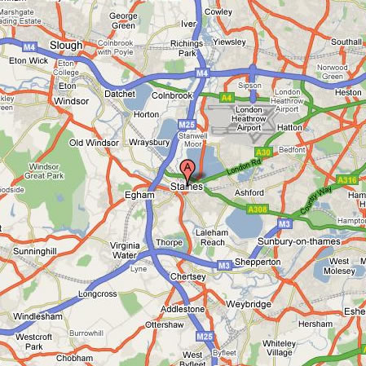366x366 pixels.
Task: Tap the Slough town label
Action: point(66,46)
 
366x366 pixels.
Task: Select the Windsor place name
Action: point(70,101)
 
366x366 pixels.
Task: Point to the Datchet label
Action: point(120,94)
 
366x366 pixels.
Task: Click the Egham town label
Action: point(139,196)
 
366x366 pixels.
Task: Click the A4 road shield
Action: point(227,97)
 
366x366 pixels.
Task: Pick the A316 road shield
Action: point(347,180)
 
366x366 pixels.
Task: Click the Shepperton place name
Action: point(258,262)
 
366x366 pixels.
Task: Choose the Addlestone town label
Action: point(183,309)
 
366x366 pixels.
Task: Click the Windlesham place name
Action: point(37,315)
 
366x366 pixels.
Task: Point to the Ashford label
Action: point(249,192)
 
